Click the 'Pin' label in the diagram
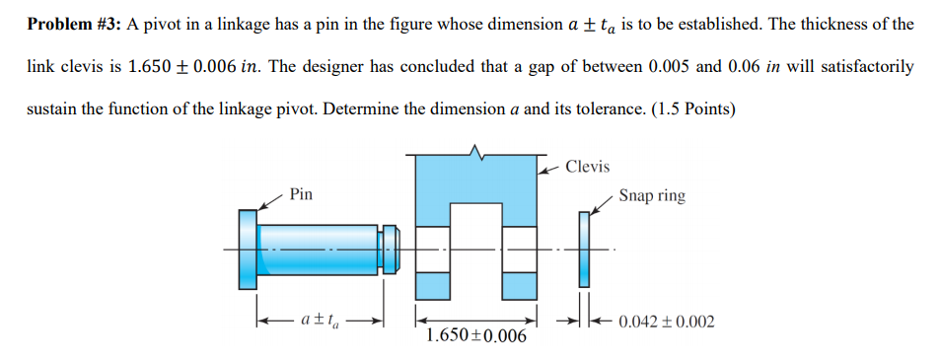tap(302, 195)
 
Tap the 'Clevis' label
tap(589, 167)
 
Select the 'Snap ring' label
tap(652, 195)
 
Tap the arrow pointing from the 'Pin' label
tap(270, 203)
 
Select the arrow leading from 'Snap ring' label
tap(601, 203)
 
